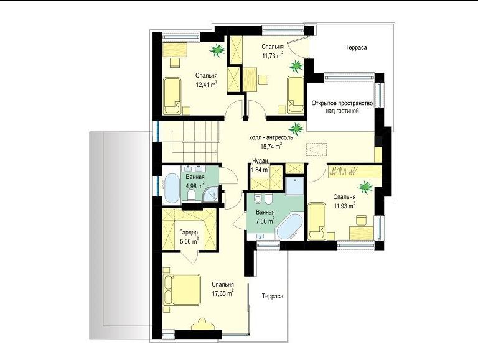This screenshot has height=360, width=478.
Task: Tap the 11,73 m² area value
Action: point(273,55)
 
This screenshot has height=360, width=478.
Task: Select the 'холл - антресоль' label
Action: point(271,137)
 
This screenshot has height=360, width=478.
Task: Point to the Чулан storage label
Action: point(260,161)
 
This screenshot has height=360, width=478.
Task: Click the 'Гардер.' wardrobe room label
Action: point(189,233)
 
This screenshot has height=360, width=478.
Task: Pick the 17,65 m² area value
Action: point(223,293)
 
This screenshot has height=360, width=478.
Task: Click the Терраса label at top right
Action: point(356,47)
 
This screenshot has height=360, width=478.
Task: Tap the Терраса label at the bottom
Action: point(273,297)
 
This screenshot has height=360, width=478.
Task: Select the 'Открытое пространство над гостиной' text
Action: point(342,107)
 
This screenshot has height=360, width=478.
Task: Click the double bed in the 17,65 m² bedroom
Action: point(182,290)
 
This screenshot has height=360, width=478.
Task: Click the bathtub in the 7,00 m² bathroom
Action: point(289,227)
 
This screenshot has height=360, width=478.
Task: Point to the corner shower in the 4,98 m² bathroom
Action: point(211,195)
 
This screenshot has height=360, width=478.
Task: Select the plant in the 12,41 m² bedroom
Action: point(217,50)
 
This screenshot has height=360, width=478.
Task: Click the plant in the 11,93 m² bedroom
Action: point(365,187)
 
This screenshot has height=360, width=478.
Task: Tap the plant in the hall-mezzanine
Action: point(296,129)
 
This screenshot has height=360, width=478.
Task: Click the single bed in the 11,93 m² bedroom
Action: point(317,221)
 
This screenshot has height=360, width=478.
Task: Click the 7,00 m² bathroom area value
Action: point(265,221)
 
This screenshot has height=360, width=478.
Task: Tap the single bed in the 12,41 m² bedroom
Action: point(172,96)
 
